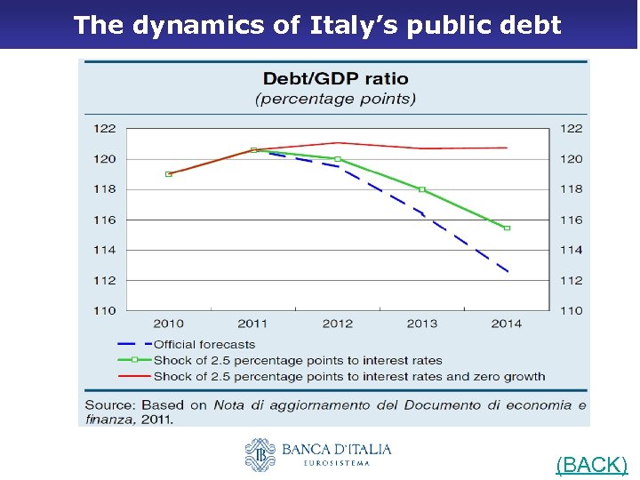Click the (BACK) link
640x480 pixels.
click(592, 464)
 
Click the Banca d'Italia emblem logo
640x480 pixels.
click(260, 454)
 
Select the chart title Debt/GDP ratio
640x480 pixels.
click(335, 79)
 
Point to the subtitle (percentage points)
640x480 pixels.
click(335, 99)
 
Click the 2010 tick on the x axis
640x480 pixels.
click(169, 324)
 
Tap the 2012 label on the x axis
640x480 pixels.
click(338, 324)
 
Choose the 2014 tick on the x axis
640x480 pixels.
click(507, 324)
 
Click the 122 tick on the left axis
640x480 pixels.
click(105, 129)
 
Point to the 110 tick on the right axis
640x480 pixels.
click(572, 310)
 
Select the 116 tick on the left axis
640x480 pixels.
click(105, 220)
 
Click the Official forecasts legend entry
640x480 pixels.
click(204, 344)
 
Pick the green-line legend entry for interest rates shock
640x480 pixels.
click(297, 360)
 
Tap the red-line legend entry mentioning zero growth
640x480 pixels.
click(348, 376)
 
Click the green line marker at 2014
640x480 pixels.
click(507, 228)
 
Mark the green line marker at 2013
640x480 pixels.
click(422, 189)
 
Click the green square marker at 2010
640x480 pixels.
click(169, 174)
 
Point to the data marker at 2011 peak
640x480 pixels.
click(253, 150)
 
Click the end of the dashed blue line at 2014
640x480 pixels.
click(508, 271)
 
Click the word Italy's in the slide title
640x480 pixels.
click(351, 25)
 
